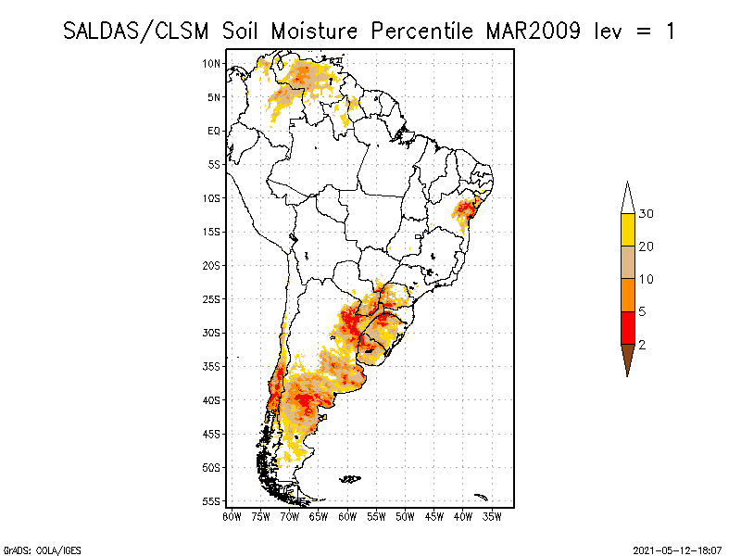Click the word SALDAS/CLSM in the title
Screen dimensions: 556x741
(139, 31)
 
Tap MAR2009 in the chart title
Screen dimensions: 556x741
(534, 31)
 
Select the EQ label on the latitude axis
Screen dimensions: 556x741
(214, 131)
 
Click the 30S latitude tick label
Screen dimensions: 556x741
(211, 333)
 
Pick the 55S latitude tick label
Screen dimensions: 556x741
(211, 501)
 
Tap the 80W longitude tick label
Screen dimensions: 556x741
(232, 516)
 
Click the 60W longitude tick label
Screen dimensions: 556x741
(347, 516)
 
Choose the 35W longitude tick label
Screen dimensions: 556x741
(492, 516)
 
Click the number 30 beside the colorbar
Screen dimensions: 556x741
(647, 214)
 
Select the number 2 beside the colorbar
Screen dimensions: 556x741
(642, 345)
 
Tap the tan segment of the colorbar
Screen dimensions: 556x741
(627, 262)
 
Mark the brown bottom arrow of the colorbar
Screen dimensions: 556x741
(627, 357)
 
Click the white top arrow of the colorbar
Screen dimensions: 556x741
(627, 198)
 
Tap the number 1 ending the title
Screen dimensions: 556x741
(669, 31)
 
